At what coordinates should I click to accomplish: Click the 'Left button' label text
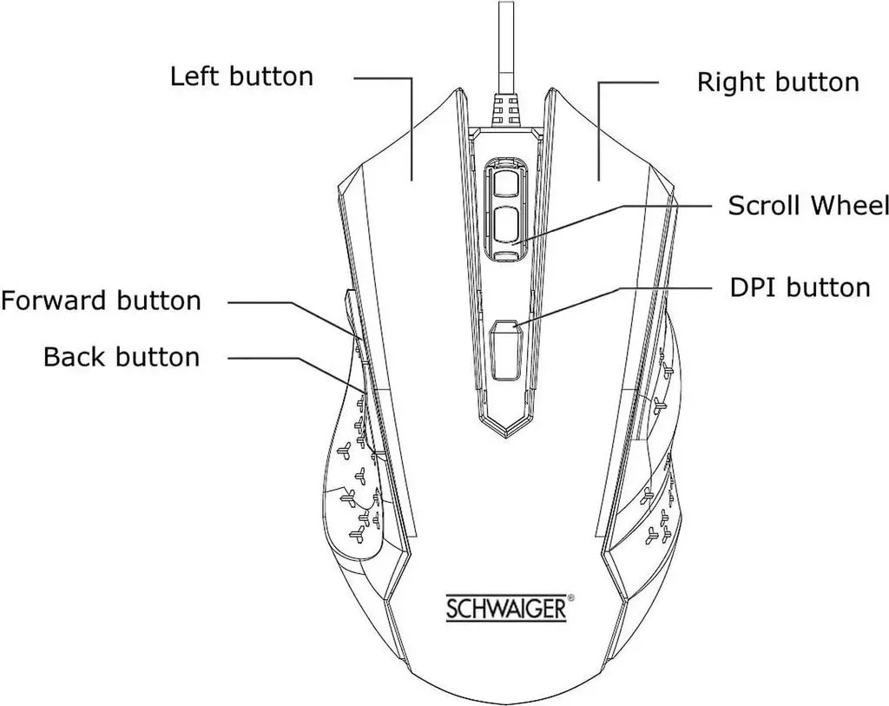coord(241,76)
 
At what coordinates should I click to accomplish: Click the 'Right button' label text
coord(778,82)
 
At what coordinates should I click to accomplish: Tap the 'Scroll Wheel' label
coord(808,205)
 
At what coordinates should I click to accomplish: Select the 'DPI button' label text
coord(800,287)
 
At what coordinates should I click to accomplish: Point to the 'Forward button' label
coord(101,300)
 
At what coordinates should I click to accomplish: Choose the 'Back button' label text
coord(122,357)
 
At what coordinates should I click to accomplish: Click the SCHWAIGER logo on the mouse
coord(506,608)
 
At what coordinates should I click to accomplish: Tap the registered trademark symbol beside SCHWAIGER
coord(571,597)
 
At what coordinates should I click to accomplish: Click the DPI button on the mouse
coord(506,350)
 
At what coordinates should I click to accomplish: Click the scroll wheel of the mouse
coord(506,209)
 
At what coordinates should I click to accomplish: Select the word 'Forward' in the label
coord(55,300)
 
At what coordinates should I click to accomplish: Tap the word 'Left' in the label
coord(194,76)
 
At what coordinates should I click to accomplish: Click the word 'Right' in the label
coord(730,82)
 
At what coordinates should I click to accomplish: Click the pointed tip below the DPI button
coord(506,438)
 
